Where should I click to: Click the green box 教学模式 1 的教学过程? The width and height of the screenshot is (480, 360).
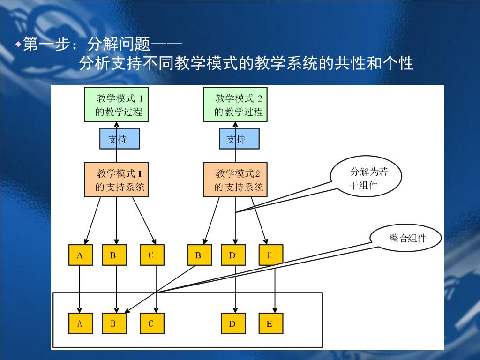(x=116, y=105)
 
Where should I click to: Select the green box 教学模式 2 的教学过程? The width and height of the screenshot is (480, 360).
(x=235, y=105)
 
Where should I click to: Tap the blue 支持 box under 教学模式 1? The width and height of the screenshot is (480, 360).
(x=120, y=139)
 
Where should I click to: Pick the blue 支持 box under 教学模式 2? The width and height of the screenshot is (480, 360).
(x=239, y=139)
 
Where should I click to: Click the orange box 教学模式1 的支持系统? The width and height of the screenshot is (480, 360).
(x=116, y=180)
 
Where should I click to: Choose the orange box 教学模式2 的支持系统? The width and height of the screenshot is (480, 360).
(x=235, y=180)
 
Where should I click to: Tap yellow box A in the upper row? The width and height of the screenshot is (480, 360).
(x=80, y=255)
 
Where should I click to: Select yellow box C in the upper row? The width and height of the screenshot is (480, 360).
(x=151, y=255)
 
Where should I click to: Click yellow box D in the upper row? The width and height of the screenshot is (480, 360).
(x=233, y=255)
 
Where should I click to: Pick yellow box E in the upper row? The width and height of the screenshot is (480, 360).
(x=270, y=255)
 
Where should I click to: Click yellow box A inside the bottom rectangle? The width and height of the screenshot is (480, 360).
(x=80, y=323)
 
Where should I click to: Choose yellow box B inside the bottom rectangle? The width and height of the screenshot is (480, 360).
(x=114, y=323)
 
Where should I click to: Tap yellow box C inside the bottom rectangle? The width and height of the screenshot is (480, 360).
(x=151, y=323)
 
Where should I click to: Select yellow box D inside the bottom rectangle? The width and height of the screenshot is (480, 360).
(x=233, y=323)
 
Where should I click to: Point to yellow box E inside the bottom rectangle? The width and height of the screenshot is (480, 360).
(x=270, y=323)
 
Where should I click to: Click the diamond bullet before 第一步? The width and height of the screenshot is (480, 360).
(x=18, y=45)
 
